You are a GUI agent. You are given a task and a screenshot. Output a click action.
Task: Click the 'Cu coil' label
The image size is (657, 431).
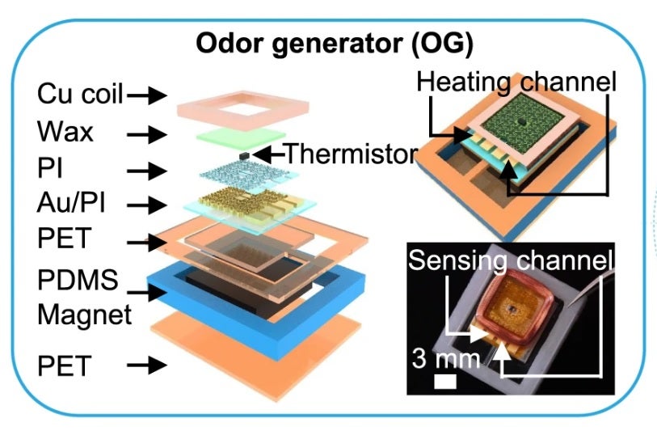80,95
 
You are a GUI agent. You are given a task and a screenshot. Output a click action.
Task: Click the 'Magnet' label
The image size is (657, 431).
84,314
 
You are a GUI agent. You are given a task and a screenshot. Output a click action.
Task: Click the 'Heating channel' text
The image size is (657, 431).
516,82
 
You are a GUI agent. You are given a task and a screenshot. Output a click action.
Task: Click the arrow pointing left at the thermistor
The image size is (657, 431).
267,153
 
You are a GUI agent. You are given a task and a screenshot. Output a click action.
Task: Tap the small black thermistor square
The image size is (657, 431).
243,154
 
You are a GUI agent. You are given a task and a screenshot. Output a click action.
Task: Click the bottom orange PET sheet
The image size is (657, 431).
242,356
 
